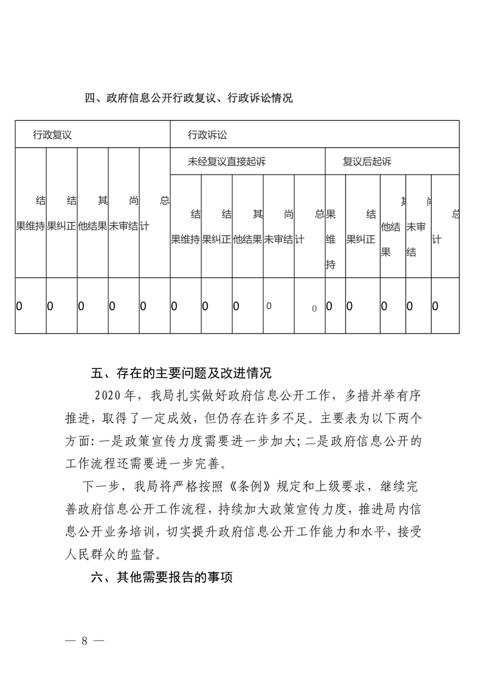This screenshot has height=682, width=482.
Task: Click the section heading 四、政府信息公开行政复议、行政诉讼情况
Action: click(x=188, y=98)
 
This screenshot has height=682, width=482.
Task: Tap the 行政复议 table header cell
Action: click(x=52, y=135)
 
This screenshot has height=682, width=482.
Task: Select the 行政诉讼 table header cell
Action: click(x=207, y=135)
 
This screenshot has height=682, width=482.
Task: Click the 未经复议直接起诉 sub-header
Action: click(x=227, y=162)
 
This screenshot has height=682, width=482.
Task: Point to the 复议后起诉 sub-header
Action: click(x=367, y=162)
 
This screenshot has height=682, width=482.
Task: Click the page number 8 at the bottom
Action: click(x=84, y=641)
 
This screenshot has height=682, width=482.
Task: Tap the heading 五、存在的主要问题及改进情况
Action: click(x=181, y=372)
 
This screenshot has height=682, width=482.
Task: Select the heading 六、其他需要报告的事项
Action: click(x=162, y=577)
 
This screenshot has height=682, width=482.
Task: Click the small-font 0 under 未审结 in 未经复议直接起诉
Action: click(x=269, y=306)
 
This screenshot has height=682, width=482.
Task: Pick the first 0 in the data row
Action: click(x=19, y=306)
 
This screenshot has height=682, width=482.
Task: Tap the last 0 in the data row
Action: click(x=435, y=306)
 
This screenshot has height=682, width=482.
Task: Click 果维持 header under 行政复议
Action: click(x=31, y=226)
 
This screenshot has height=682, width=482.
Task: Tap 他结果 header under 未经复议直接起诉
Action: click(x=247, y=239)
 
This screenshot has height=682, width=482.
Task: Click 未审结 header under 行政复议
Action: click(x=123, y=226)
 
